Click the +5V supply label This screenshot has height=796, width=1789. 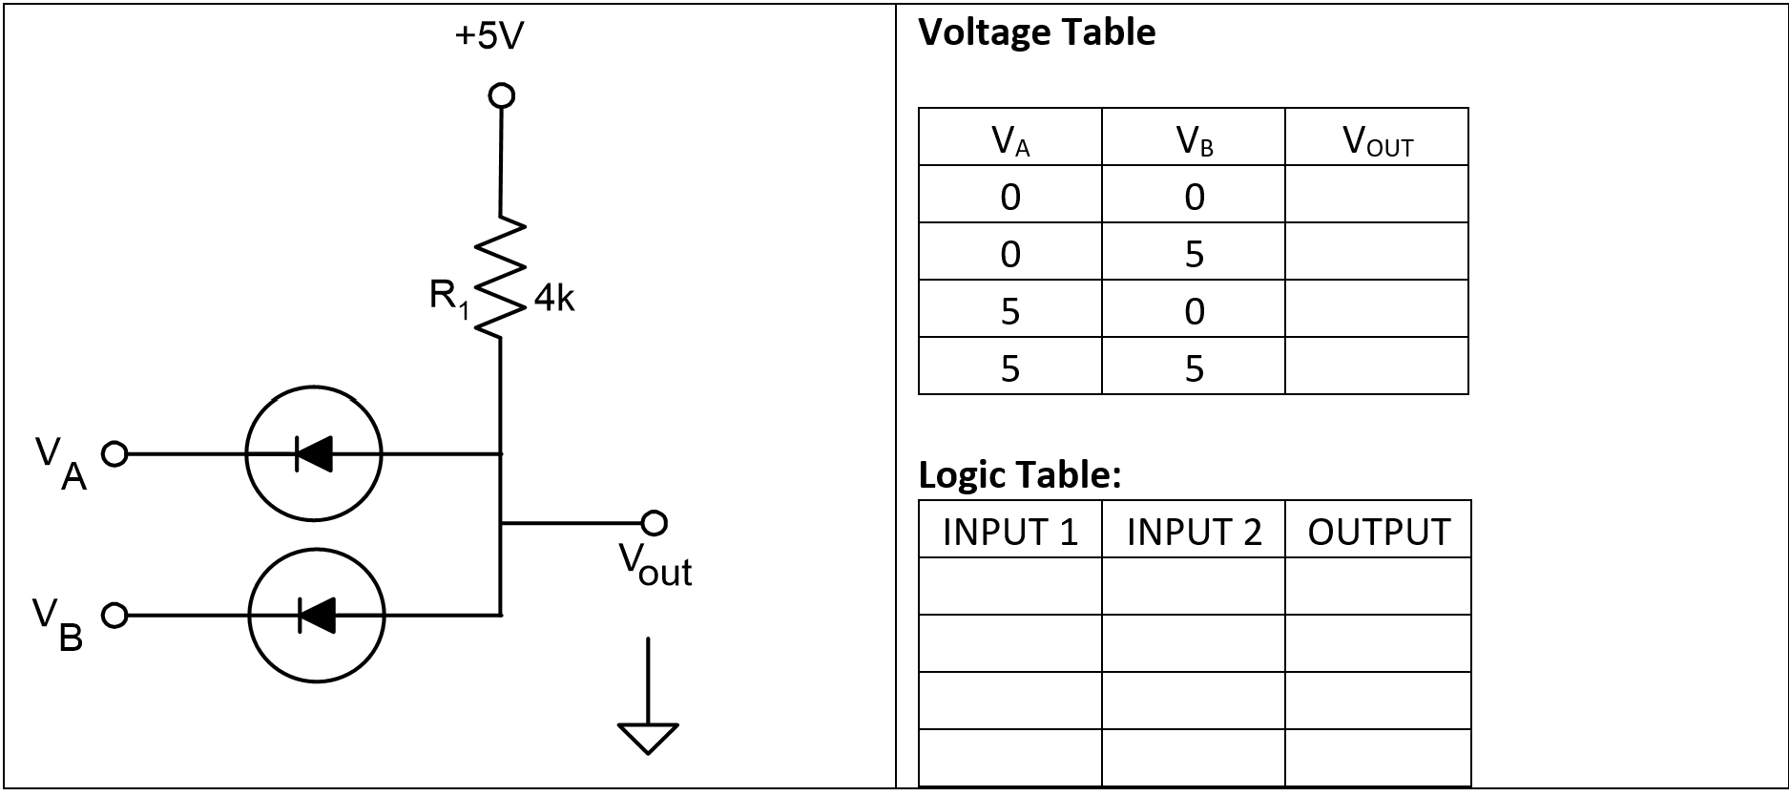click(489, 36)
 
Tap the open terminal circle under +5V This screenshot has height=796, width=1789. click(501, 95)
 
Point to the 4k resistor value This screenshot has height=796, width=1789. click(553, 299)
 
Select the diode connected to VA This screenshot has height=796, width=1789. click(314, 453)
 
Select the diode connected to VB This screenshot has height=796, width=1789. click(317, 615)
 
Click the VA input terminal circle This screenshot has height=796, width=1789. click(114, 453)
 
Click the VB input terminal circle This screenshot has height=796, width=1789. click(114, 616)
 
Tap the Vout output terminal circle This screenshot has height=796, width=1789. click(654, 523)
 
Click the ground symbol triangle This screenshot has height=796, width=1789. click(648, 738)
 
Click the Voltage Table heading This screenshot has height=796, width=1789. click(1036, 32)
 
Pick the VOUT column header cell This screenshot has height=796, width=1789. click(1376, 139)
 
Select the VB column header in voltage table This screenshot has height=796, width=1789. click(1194, 139)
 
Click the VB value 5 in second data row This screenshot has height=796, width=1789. click(1194, 254)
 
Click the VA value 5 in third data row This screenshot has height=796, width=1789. click(1009, 311)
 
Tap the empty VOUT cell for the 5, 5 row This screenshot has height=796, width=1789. click(1376, 367)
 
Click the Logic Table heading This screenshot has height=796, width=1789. click(1019, 474)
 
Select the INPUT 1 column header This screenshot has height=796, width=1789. click(1009, 532)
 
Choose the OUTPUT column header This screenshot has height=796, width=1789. click(1378, 532)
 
